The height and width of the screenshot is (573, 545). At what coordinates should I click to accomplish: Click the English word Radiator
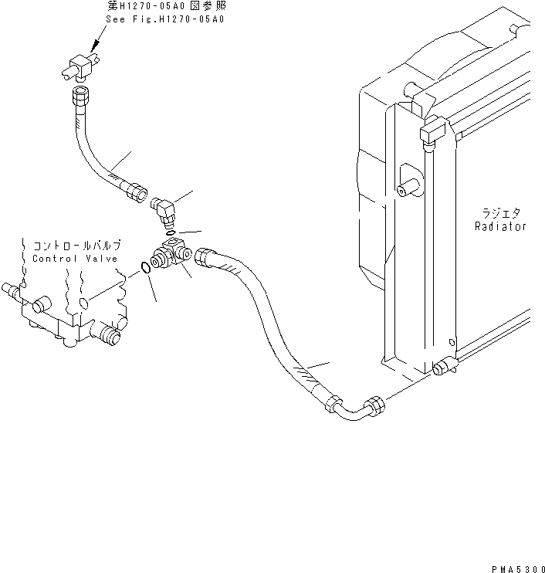pyautogui.click(x=500, y=227)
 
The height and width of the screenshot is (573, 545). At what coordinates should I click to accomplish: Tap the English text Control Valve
pyautogui.click(x=75, y=259)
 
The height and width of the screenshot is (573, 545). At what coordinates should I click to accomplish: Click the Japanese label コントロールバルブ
pyautogui.click(x=76, y=245)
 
